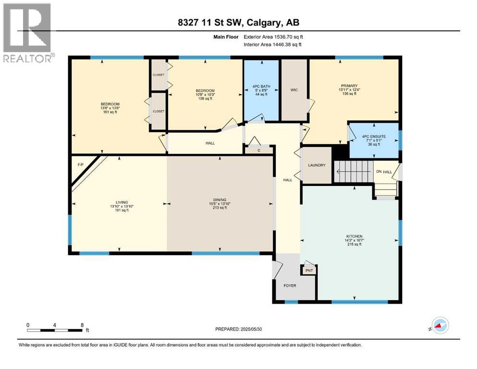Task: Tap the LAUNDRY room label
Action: click(x=317, y=165)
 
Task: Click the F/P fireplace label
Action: click(x=81, y=165)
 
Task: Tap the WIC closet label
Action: click(x=294, y=90)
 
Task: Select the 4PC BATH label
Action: click(x=262, y=86)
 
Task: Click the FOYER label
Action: click(x=290, y=286)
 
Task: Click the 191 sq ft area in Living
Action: click(x=120, y=210)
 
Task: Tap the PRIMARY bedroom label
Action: click(x=350, y=86)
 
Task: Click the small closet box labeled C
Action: click(x=258, y=150)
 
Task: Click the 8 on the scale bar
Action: click(x=82, y=325)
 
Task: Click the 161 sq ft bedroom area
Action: click(x=110, y=112)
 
